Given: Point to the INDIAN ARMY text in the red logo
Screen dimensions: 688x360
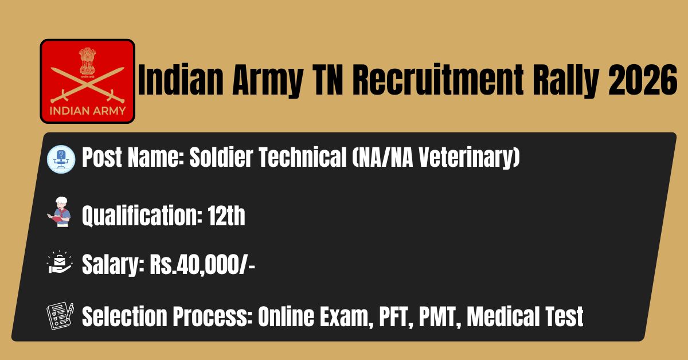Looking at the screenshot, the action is tap(88, 111).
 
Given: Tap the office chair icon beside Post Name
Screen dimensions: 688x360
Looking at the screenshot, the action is tap(61, 159).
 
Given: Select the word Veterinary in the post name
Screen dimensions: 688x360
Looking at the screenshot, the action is tap(470, 157).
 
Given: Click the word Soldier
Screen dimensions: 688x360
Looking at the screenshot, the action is tap(221, 157).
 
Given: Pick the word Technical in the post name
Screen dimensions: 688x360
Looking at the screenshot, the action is tap(303, 157).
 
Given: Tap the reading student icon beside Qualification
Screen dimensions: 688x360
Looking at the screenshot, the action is tap(59, 212).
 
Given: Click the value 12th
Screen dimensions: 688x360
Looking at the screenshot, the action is tap(226, 216).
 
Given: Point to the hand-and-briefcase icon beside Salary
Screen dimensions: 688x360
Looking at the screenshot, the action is tap(60, 262).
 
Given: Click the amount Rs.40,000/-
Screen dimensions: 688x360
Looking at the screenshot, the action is tap(202, 265).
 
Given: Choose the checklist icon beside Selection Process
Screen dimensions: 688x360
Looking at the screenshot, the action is tap(60, 316).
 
